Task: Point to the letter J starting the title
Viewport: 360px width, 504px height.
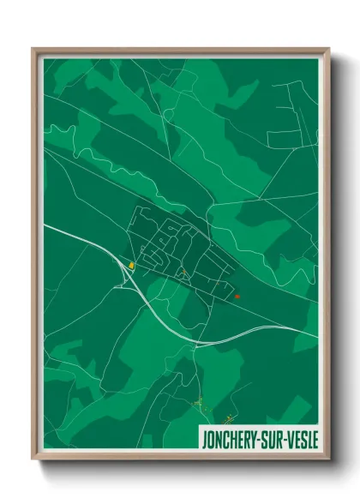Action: point(202,440)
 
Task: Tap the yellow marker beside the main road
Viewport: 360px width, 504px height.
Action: point(131,266)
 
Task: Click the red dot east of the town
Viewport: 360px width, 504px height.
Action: point(237,297)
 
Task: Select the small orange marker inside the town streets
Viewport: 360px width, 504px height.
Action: point(183,272)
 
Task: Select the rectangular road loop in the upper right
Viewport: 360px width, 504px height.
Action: point(291,137)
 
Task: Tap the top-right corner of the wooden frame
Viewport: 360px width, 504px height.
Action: point(328,50)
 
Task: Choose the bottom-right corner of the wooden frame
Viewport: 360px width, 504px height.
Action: point(328,459)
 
